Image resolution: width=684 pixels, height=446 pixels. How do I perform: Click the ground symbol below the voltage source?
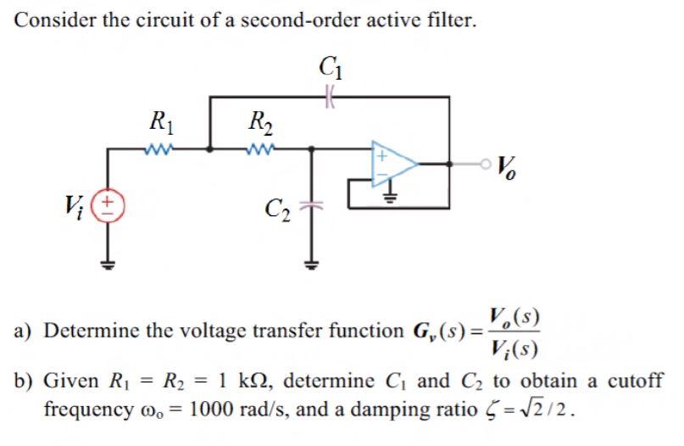click(107, 261)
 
